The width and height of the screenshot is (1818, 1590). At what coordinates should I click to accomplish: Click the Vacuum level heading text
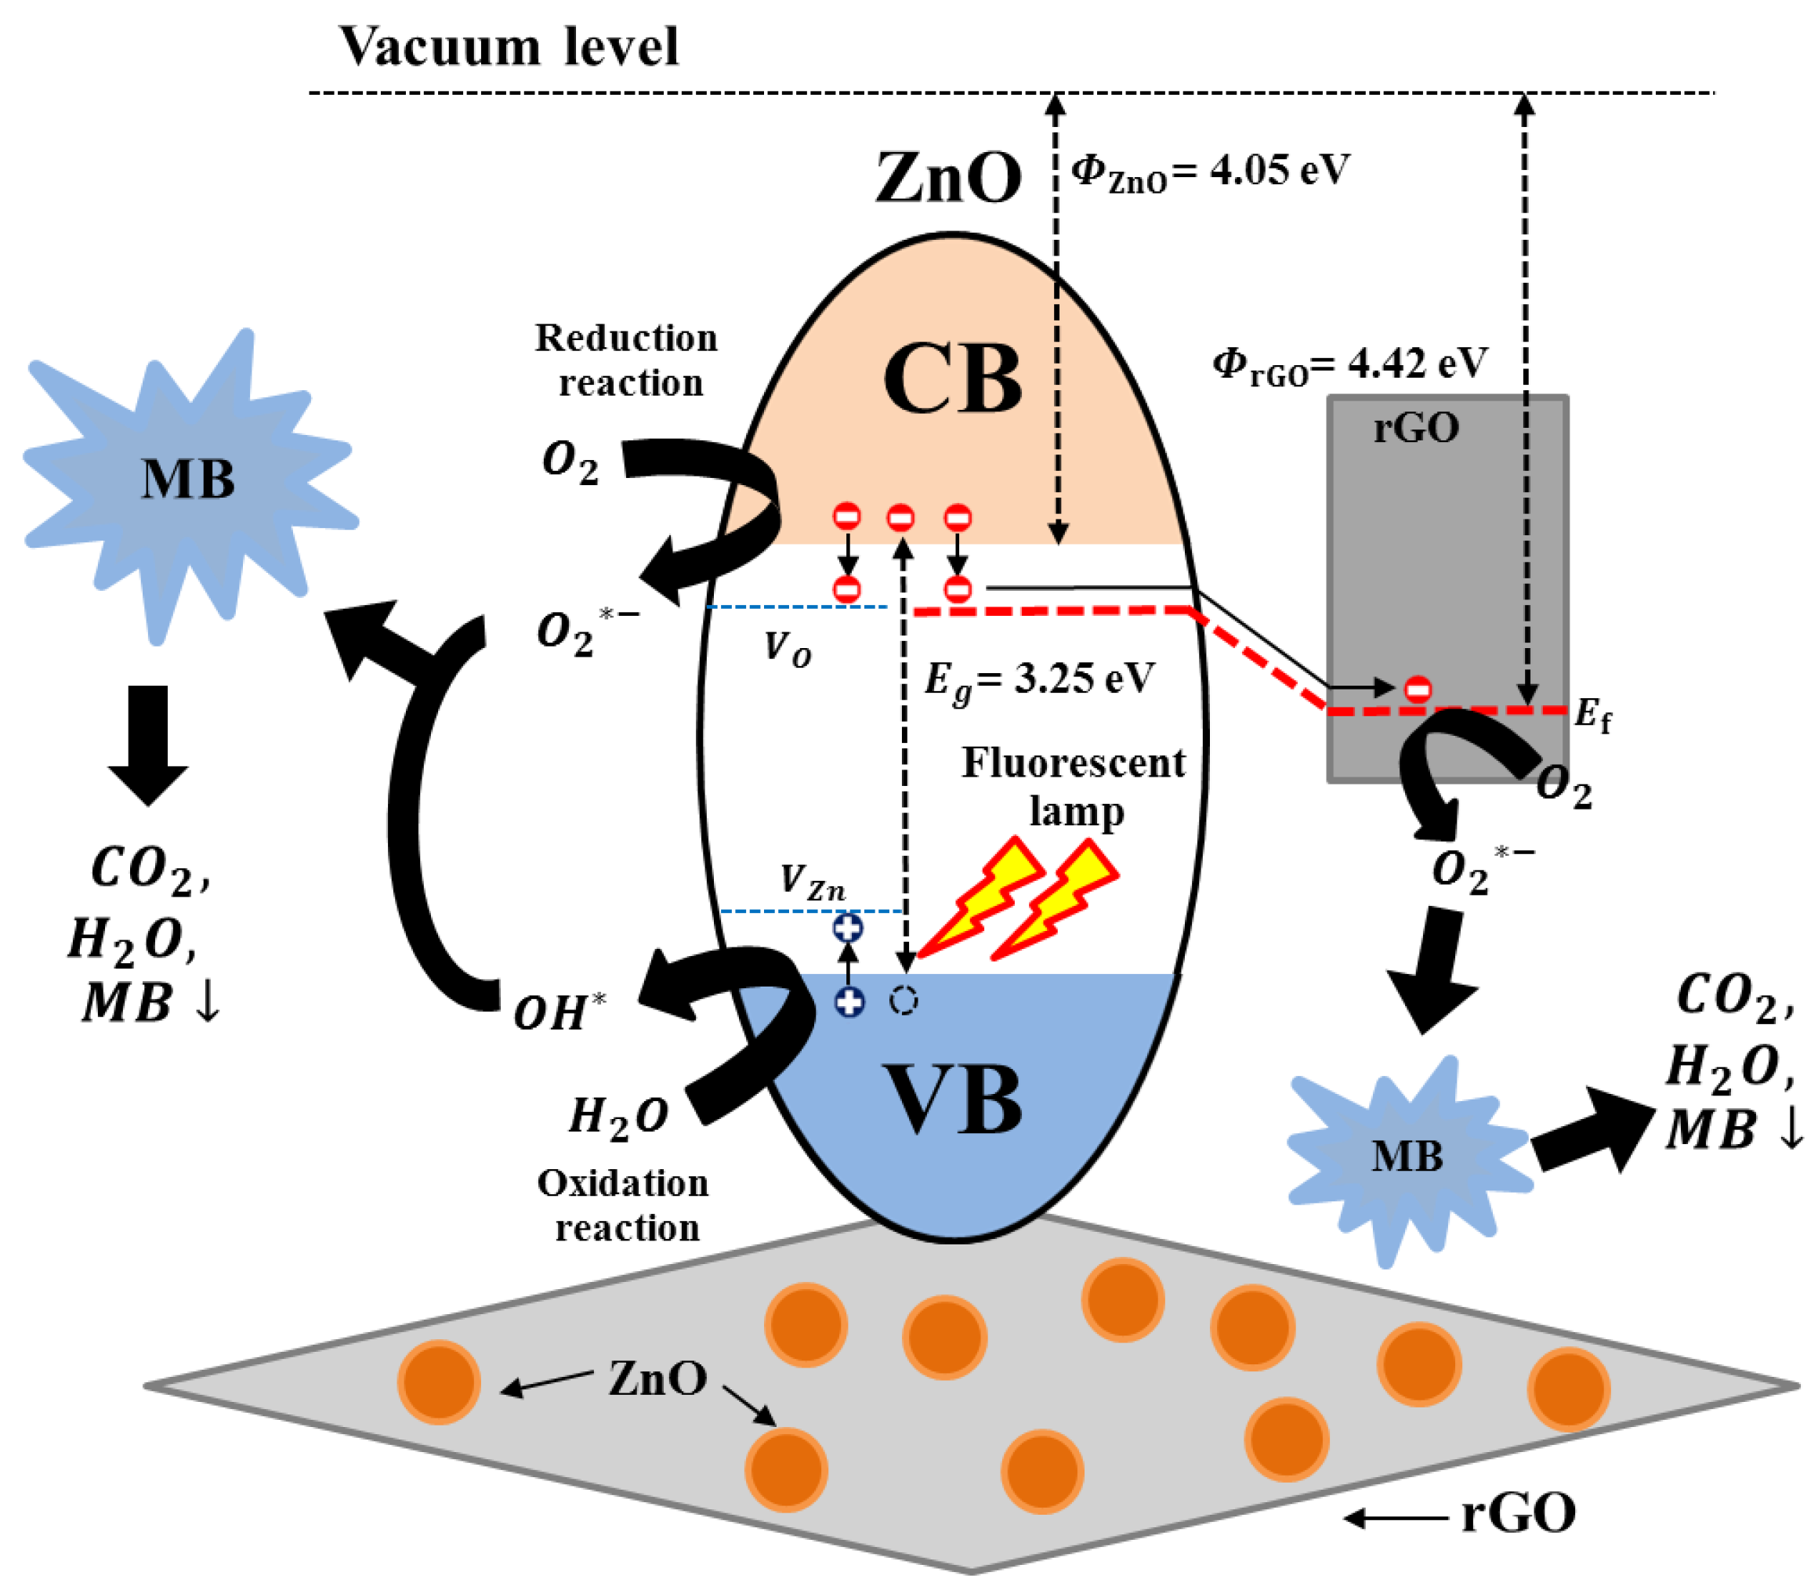pos(508,46)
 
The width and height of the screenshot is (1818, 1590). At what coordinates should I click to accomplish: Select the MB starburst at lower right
pos(1407,1157)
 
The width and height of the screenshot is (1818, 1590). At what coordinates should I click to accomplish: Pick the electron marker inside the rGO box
pos(1418,689)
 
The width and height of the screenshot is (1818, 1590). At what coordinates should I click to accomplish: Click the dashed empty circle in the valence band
pos(904,1001)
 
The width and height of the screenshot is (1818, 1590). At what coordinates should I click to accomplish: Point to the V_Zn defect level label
pos(812,883)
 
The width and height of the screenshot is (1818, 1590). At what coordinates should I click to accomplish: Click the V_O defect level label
pos(787,650)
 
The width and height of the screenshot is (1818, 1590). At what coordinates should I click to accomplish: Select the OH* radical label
pos(560,1012)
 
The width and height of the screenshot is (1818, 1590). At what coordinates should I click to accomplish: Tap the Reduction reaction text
pos(626,360)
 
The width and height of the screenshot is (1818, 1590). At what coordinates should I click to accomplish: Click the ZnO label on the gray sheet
pos(657,1378)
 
